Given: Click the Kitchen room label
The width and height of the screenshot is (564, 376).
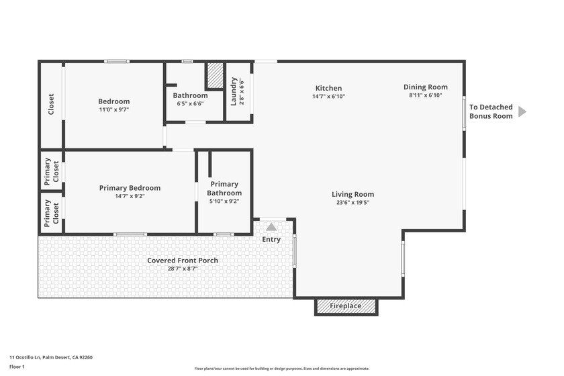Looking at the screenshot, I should [328, 88].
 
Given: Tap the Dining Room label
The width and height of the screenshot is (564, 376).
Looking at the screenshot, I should [425, 87].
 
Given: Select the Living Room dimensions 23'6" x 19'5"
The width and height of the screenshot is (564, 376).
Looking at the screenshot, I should [352, 203].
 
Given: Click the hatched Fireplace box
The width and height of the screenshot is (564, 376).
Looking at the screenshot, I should [346, 307].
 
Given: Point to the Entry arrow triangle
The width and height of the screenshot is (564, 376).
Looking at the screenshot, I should [271, 227].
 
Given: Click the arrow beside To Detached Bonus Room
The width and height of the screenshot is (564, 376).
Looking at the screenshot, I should [522, 111].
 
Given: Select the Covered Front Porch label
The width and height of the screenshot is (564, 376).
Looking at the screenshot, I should [183, 261].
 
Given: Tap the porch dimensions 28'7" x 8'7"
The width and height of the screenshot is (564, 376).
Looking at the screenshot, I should [183, 269].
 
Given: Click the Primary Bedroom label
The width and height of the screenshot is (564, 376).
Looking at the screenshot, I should [130, 188].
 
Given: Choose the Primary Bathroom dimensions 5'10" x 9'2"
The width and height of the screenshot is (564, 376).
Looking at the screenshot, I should [224, 201].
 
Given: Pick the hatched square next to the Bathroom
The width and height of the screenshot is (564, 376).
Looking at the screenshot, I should [214, 75].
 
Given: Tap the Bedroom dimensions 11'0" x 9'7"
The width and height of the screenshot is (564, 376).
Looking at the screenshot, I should [113, 109].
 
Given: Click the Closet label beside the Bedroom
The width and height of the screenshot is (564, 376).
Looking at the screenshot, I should [51, 104].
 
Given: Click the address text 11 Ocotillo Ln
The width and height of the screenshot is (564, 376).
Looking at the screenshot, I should [51, 357].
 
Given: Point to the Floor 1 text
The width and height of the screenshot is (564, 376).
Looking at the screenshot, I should [17, 367].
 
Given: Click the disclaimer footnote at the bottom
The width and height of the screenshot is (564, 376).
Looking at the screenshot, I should [281, 369].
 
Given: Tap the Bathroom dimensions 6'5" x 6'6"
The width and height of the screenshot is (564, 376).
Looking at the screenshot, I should [190, 103].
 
